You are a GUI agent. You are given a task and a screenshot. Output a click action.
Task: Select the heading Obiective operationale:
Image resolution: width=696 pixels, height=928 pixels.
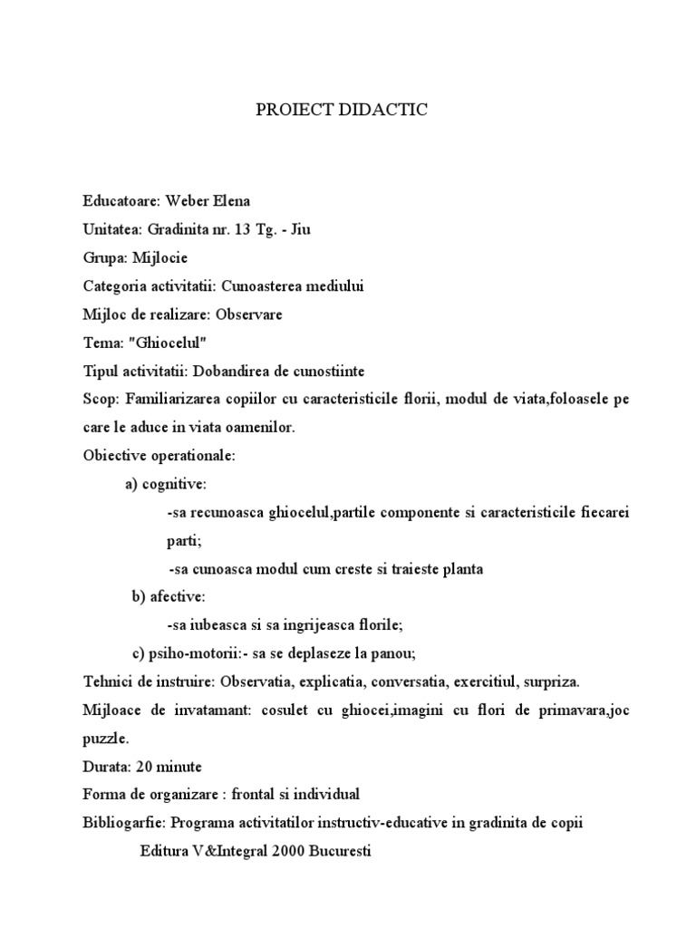(x=159, y=455)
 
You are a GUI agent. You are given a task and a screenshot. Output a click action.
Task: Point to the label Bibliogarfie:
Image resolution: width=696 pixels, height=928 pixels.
(x=122, y=823)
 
